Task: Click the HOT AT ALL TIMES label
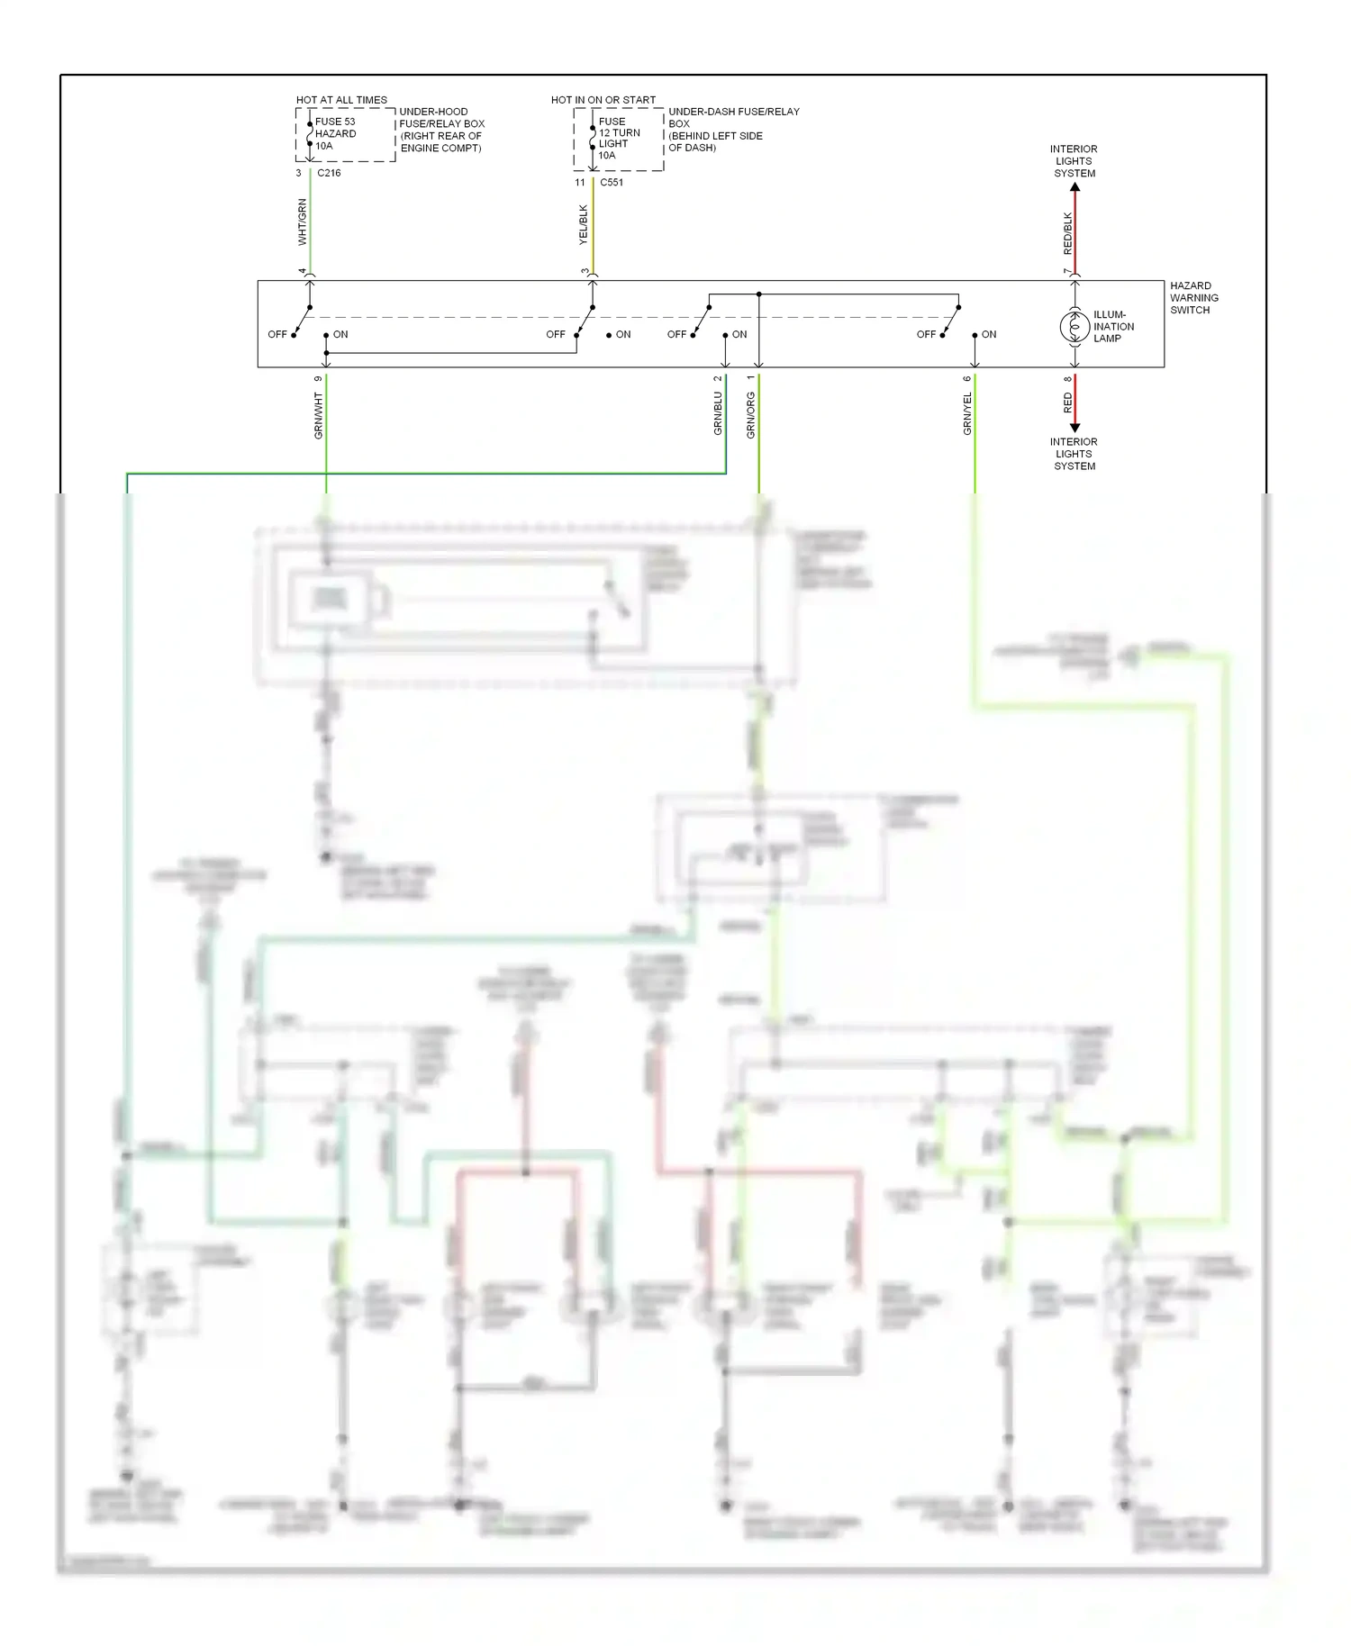pyautogui.click(x=341, y=100)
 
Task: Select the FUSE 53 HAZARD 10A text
pyautogui.click(x=335, y=133)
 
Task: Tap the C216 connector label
pyautogui.click(x=329, y=173)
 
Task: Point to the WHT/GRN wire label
pyautogui.click(x=302, y=222)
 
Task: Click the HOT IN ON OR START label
pyautogui.click(x=603, y=100)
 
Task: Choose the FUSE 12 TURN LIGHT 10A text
pyautogui.click(x=619, y=138)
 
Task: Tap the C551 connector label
pyautogui.click(x=612, y=182)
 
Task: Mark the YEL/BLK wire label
pyautogui.click(x=583, y=225)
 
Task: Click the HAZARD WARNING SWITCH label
pyautogui.click(x=1193, y=298)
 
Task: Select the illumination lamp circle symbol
pyautogui.click(x=1074, y=327)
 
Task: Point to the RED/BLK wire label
pyautogui.click(x=1068, y=233)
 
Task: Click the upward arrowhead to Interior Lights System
pyautogui.click(x=1074, y=188)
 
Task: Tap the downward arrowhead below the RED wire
pyautogui.click(x=1074, y=428)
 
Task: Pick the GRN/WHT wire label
pyautogui.click(x=318, y=415)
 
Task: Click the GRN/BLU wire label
pyautogui.click(x=718, y=413)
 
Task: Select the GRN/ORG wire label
pyautogui.click(x=750, y=415)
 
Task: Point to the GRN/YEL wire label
pyautogui.click(x=967, y=413)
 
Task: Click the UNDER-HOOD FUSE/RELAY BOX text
pyautogui.click(x=441, y=130)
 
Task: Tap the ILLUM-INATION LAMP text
pyautogui.click(x=1113, y=327)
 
